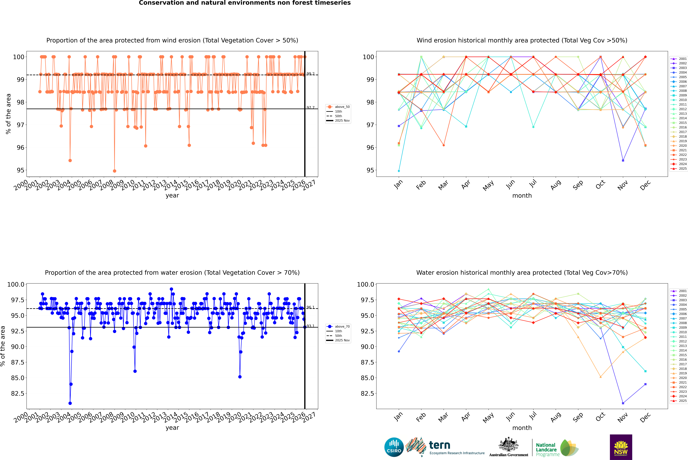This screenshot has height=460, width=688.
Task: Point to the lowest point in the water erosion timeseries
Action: point(70,403)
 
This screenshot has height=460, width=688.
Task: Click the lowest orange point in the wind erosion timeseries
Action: point(114,171)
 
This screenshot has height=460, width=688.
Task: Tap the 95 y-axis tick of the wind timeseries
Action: point(20,170)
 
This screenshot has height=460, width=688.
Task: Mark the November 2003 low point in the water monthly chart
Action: point(623,403)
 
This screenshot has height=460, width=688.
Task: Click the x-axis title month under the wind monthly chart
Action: point(522,195)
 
